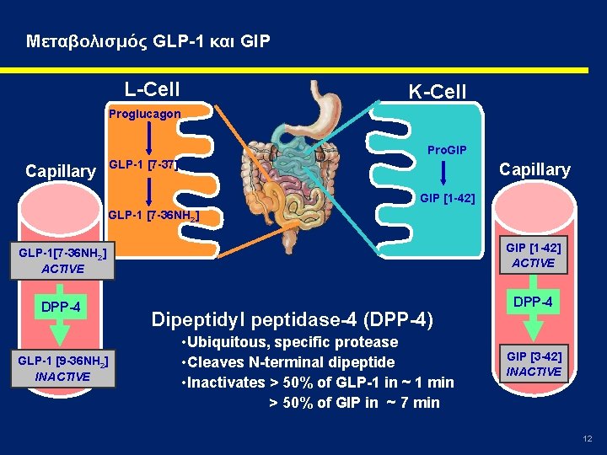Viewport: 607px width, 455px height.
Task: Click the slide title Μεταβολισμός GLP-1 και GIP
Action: (148, 40)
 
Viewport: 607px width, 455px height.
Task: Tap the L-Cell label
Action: (152, 88)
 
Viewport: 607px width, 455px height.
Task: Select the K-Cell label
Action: (437, 91)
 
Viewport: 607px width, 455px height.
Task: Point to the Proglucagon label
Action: (143, 112)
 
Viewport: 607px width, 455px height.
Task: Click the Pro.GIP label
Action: (447, 150)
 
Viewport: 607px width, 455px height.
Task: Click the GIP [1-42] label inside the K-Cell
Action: (447, 199)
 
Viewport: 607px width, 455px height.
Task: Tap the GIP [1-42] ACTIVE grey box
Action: (533, 255)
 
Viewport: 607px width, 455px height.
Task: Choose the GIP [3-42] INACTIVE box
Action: (533, 364)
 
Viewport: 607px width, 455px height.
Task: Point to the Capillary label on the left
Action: (61, 171)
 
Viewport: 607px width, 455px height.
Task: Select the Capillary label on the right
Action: (534, 169)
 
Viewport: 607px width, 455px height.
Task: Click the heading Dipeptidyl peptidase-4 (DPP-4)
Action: (292, 319)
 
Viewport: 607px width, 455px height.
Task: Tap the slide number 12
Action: (588, 439)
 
